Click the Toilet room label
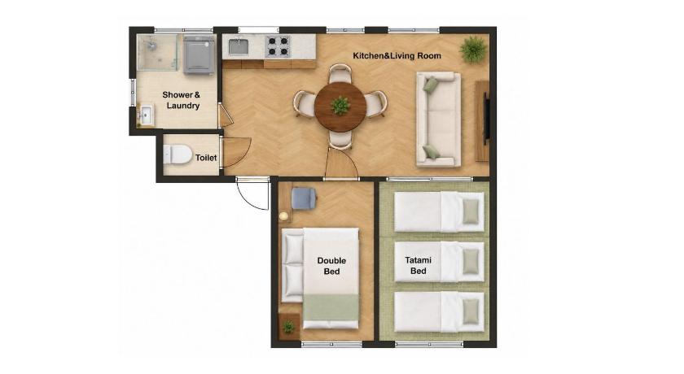tap(206, 158)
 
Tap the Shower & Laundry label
tap(182, 100)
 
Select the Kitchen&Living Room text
tap(397, 56)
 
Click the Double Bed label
tap(331, 266)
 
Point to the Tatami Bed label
tap(418, 265)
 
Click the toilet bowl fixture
tap(178, 154)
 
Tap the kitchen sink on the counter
tap(238, 46)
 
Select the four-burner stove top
tap(278, 46)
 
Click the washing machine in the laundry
tap(199, 54)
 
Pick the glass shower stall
tap(157, 52)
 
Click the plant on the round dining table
tap(340, 106)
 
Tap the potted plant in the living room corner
tap(473, 50)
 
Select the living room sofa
tap(438, 120)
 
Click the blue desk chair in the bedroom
tap(304, 198)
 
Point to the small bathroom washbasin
tap(145, 115)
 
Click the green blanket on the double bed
tap(331, 307)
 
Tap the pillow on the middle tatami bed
tap(471, 262)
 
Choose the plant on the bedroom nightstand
tap(288, 327)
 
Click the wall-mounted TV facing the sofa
tap(486, 115)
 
